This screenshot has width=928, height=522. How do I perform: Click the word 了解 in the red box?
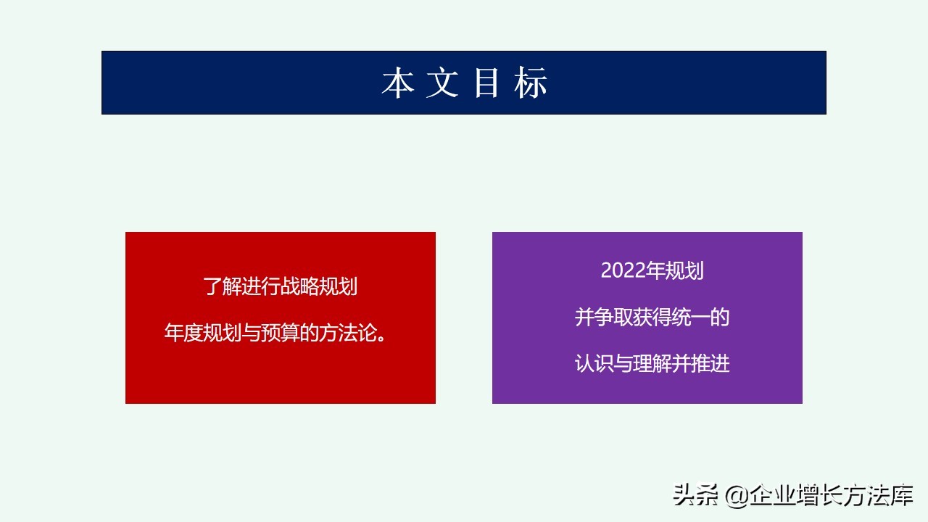click(222, 287)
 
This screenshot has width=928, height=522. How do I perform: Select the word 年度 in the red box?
click(183, 334)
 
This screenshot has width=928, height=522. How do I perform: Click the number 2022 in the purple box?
click(623, 271)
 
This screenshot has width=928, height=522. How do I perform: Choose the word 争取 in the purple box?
click(613, 318)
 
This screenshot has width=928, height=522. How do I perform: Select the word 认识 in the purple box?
click(594, 363)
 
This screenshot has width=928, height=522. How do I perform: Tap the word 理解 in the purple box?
click(652, 363)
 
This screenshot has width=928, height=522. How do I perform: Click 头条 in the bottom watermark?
click(695, 495)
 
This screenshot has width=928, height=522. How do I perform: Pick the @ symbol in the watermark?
click(735, 496)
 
